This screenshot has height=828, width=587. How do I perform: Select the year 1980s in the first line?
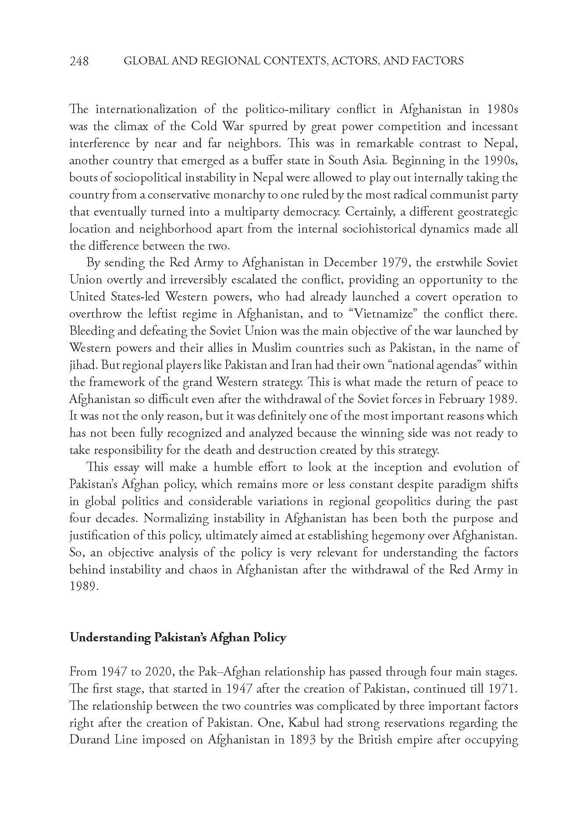point(501,110)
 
